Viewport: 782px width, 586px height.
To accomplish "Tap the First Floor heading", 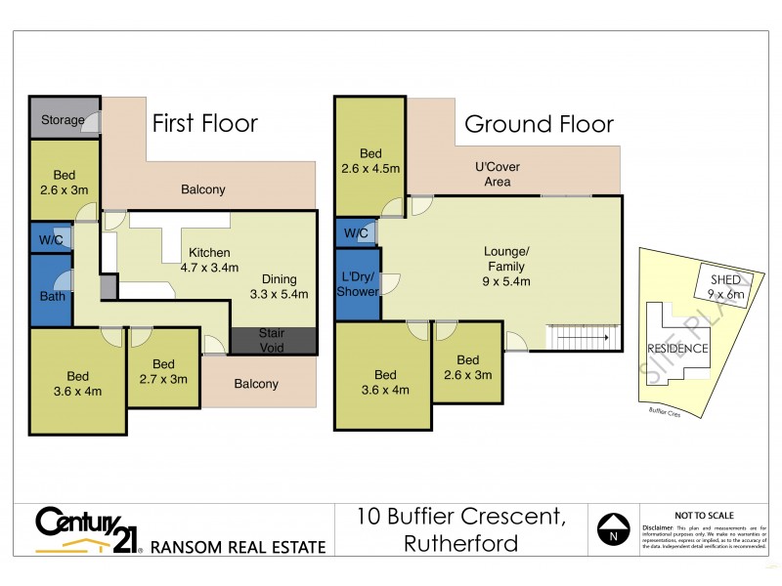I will [x=204, y=123].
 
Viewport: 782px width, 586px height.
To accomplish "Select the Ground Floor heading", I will [x=539, y=124].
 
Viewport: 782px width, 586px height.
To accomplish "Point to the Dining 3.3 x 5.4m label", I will [x=279, y=284].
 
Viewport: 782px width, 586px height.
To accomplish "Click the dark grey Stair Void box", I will [x=273, y=340].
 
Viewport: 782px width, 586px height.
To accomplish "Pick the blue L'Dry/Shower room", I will [x=358, y=282].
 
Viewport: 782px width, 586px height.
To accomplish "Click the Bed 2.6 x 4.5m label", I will [x=370, y=161].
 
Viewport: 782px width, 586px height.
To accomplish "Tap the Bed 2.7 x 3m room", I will [x=163, y=372].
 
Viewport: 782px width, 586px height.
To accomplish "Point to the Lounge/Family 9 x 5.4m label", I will [x=505, y=267].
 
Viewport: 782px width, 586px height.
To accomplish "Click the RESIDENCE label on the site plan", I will [x=678, y=349].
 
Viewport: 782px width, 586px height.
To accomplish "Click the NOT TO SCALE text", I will [x=704, y=515].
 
